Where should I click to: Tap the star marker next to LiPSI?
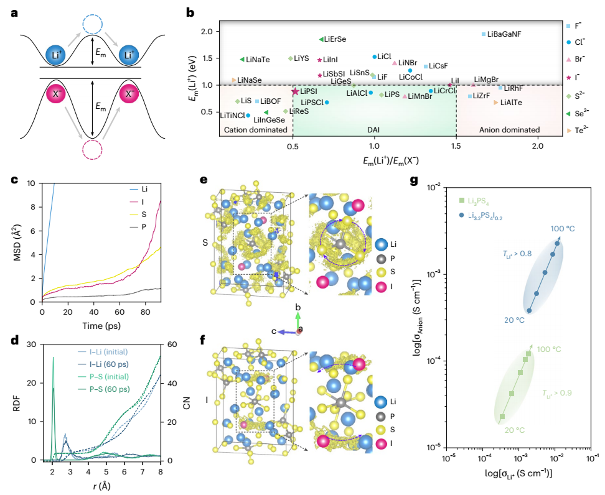(x=296, y=91)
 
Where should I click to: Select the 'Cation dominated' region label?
(x=254, y=129)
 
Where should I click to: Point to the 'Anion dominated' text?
(x=509, y=129)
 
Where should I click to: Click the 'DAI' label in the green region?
(x=374, y=129)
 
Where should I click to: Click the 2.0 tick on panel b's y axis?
(x=205, y=32)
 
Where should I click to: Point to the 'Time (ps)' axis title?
(x=101, y=325)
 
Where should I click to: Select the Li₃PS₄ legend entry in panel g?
(x=482, y=200)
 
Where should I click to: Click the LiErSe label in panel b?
(x=335, y=39)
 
